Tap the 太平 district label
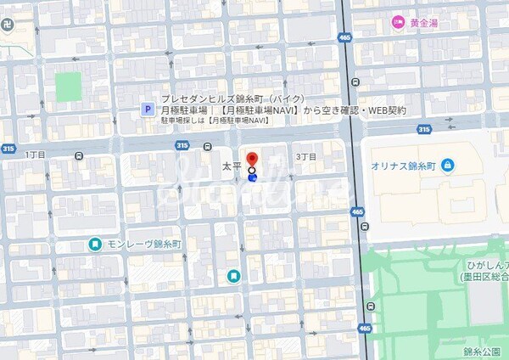point(231,166)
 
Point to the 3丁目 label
point(305,157)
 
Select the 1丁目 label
point(35,155)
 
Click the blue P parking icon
point(147,110)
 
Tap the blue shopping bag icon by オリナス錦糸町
point(446,164)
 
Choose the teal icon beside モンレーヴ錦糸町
point(96,245)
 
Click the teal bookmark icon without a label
point(233,275)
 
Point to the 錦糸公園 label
point(480,350)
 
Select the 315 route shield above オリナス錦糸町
point(423,129)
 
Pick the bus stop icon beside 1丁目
point(79,155)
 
